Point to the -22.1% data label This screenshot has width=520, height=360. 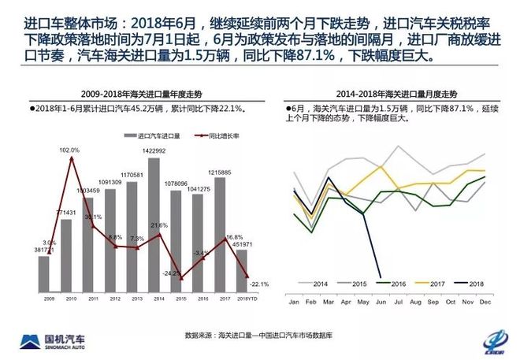(258, 284)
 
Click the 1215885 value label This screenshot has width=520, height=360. (220, 172)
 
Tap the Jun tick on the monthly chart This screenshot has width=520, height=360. (381, 302)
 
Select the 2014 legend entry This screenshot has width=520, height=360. (316, 284)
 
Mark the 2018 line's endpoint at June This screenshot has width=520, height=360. (381, 276)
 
